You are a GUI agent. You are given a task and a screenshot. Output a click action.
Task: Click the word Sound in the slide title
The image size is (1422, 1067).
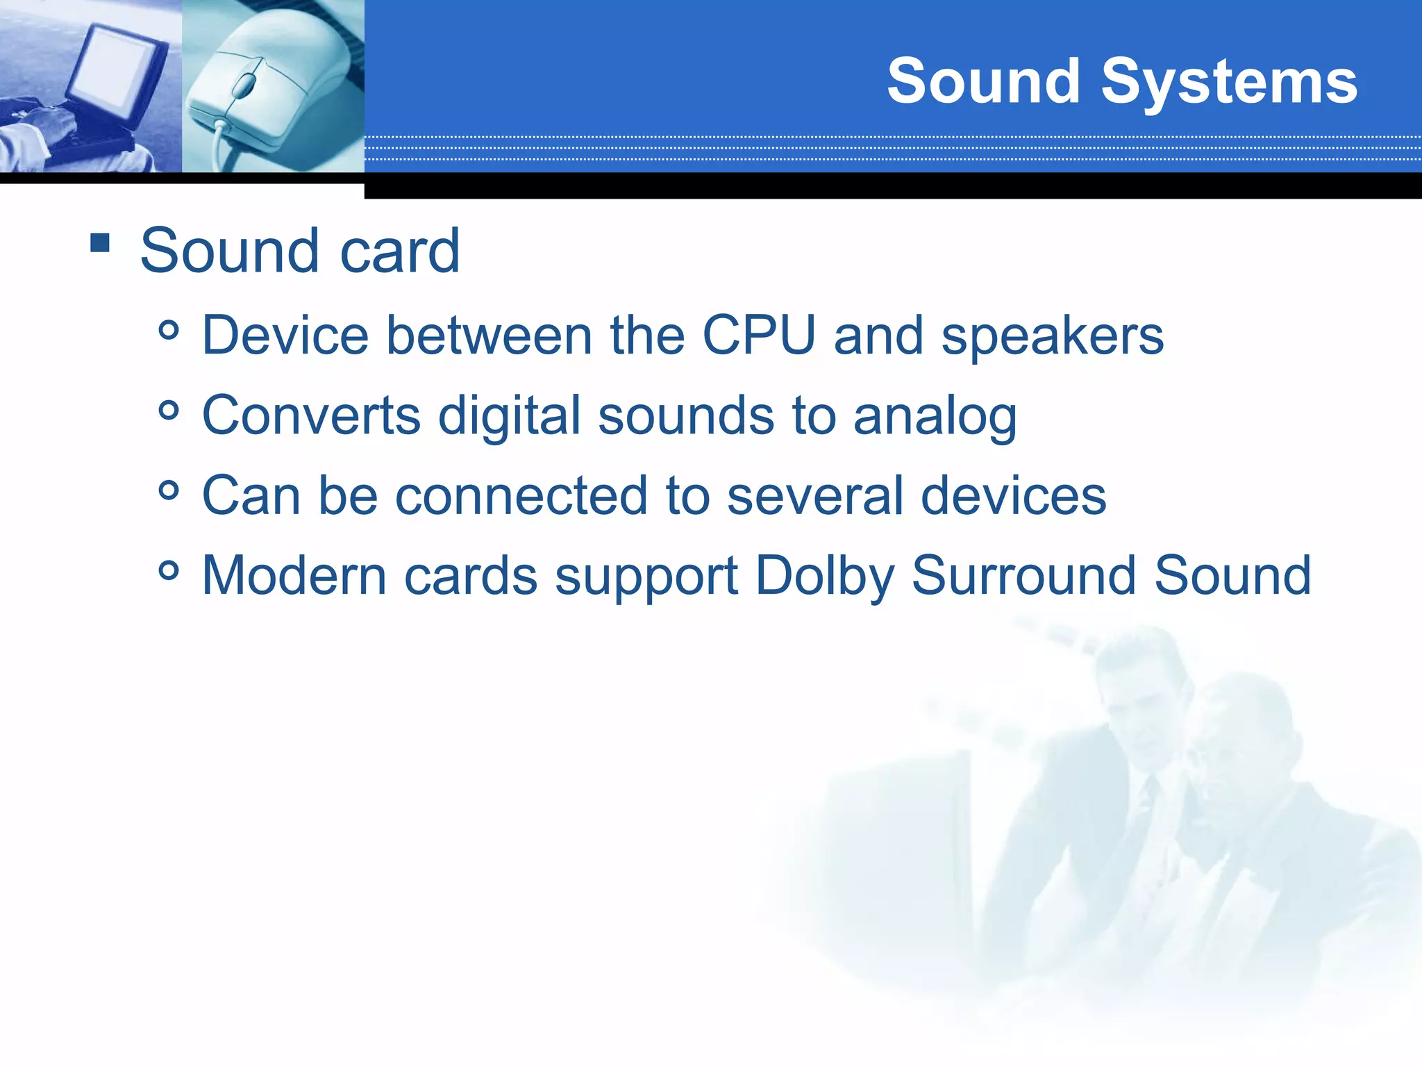983,82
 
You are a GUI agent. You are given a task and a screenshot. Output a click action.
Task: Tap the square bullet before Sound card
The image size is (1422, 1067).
100,242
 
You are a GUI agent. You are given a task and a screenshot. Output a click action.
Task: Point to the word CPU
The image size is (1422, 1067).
759,336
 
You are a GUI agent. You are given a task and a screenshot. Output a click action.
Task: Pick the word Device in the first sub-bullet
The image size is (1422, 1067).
285,336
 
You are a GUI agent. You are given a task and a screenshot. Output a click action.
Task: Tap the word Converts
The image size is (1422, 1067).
311,415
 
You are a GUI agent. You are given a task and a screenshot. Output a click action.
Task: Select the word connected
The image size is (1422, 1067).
521,495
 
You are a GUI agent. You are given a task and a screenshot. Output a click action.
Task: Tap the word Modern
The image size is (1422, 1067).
294,576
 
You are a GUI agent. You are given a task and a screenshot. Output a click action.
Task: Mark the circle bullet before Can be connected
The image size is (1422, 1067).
169,491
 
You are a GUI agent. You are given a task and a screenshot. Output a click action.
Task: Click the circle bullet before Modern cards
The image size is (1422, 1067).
169,571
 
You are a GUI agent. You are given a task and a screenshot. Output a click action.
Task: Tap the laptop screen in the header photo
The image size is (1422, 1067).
115,69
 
